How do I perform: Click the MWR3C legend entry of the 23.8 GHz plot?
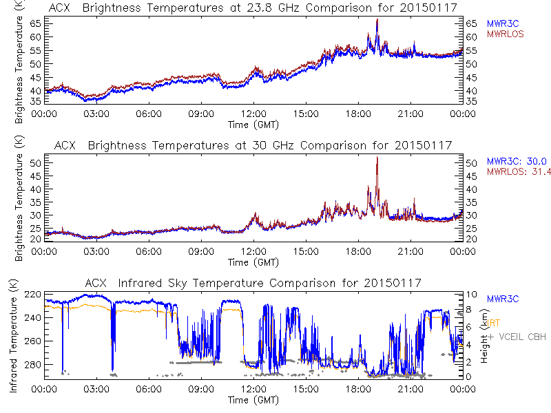point(503,23)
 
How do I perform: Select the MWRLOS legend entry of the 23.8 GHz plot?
point(506,33)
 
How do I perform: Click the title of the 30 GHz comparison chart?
point(252,145)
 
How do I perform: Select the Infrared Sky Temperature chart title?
point(252,283)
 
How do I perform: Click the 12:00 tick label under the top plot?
point(253,114)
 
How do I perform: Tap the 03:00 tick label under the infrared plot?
point(96,389)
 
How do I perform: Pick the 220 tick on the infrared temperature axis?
point(32,295)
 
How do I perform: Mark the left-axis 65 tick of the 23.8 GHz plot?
point(36,23)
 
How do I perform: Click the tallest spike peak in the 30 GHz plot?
point(377,158)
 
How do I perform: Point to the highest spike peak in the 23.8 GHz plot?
point(377,20)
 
